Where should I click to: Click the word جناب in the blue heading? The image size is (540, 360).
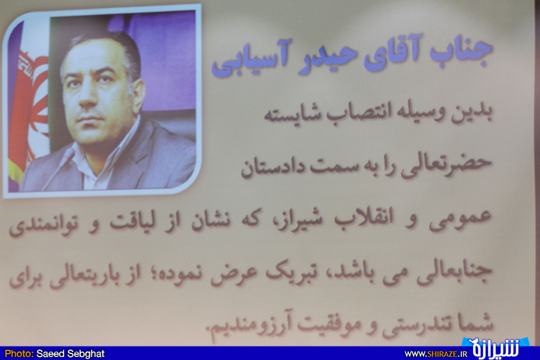(x=461, y=52)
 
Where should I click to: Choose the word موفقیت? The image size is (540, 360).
(x=330, y=324)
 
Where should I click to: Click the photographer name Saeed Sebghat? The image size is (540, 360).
(x=70, y=354)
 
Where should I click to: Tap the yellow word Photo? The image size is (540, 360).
(x=19, y=354)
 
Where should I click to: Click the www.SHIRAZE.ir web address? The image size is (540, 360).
(x=436, y=354)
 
